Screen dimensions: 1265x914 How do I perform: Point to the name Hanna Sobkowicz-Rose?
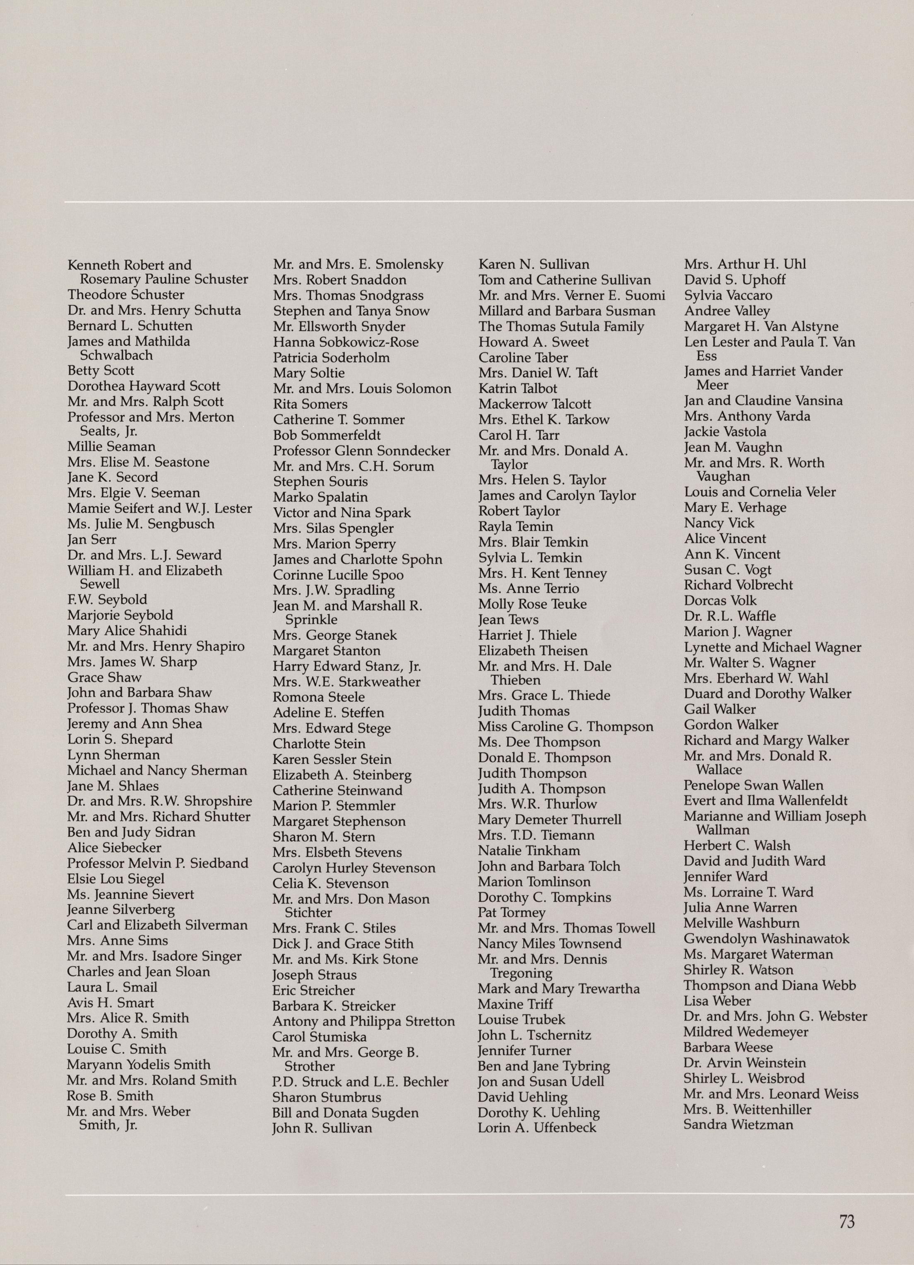pos(345,342)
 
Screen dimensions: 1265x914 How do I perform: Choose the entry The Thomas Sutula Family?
pos(560,327)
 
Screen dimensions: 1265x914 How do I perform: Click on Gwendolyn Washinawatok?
pos(766,939)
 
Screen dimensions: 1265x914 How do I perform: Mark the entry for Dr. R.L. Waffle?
pos(729,616)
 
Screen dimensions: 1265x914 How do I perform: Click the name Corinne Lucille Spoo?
pos(338,575)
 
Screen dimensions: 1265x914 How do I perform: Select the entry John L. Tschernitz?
pos(534,1035)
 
